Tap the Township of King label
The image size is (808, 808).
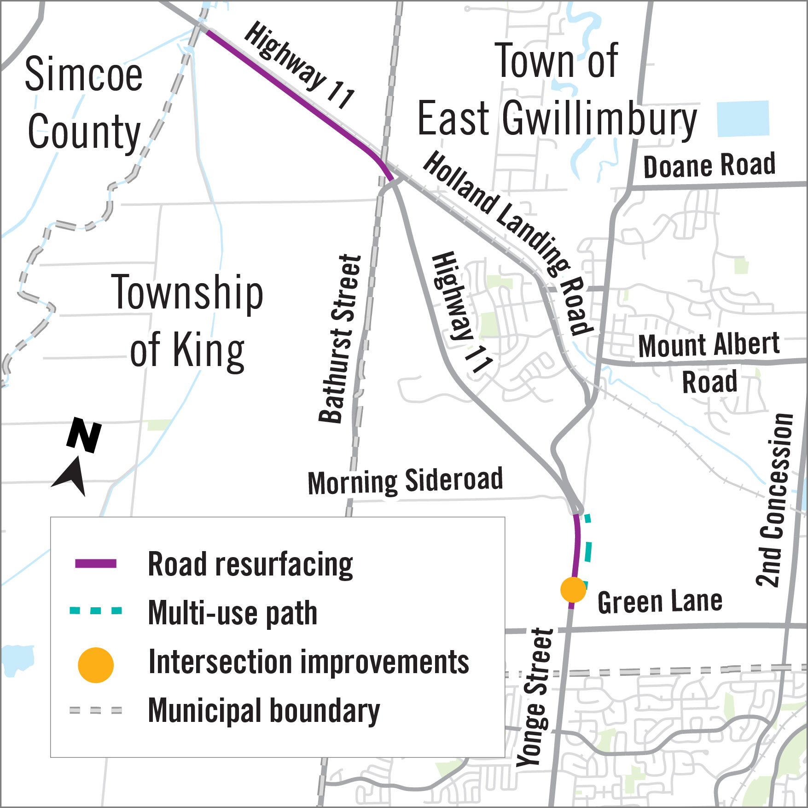187,321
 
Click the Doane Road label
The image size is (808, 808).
709,166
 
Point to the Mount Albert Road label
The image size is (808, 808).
709,363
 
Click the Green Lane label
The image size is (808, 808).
660,602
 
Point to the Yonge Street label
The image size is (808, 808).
535,698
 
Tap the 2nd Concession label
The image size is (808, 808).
775,500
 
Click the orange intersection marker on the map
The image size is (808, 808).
573,590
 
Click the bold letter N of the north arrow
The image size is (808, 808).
84,435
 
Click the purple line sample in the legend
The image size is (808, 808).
96,564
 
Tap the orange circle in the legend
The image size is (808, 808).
96,665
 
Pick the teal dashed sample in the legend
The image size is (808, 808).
96,611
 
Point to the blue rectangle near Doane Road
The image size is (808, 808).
743,119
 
